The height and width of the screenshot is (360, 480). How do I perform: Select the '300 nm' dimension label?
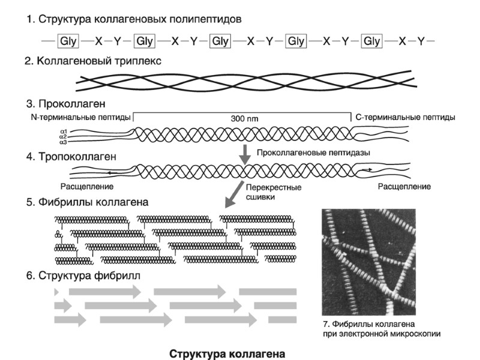[243, 119]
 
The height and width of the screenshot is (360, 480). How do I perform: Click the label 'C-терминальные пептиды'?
[405, 116]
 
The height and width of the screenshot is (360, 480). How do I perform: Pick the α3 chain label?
[63, 142]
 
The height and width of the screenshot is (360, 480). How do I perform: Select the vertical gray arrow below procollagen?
[245, 152]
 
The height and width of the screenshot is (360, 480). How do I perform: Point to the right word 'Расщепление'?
[404, 187]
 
